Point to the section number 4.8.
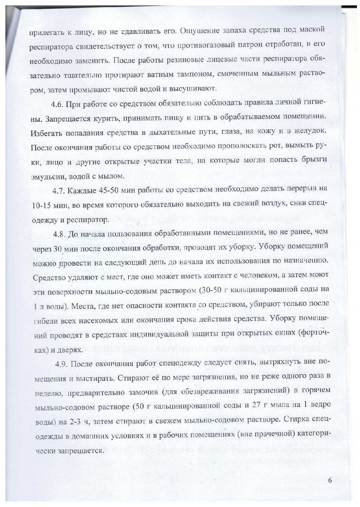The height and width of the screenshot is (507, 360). [x=59, y=234]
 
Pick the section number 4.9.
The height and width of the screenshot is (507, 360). [x=62, y=364]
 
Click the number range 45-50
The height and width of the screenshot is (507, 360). [x=108, y=190]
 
